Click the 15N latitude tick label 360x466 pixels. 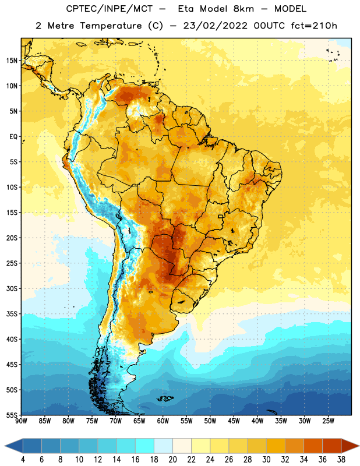click(12, 61)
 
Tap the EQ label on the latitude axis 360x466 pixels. click(13, 137)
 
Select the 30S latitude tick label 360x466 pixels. click(12, 288)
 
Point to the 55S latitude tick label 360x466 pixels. click(12, 415)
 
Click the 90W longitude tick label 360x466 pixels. click(21, 421)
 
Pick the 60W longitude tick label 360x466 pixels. click(163, 421)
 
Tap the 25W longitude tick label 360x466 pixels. click(328, 421)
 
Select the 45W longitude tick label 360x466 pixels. click(234, 421)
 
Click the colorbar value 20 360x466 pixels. click(172, 460)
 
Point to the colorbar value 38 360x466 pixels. click(341, 460)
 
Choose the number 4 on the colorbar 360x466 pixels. click(23, 460)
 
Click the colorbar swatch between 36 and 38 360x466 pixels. click(332, 446)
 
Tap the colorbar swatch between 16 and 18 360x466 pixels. click(145, 446)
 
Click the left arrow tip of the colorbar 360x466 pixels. click(5, 446)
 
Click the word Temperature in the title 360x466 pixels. click(111, 26)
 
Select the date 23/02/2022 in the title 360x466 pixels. click(215, 26)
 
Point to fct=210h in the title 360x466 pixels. click(314, 26)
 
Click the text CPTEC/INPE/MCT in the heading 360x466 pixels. click(110, 9)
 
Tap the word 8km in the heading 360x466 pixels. click(243, 9)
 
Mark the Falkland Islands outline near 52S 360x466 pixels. click(165, 398)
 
